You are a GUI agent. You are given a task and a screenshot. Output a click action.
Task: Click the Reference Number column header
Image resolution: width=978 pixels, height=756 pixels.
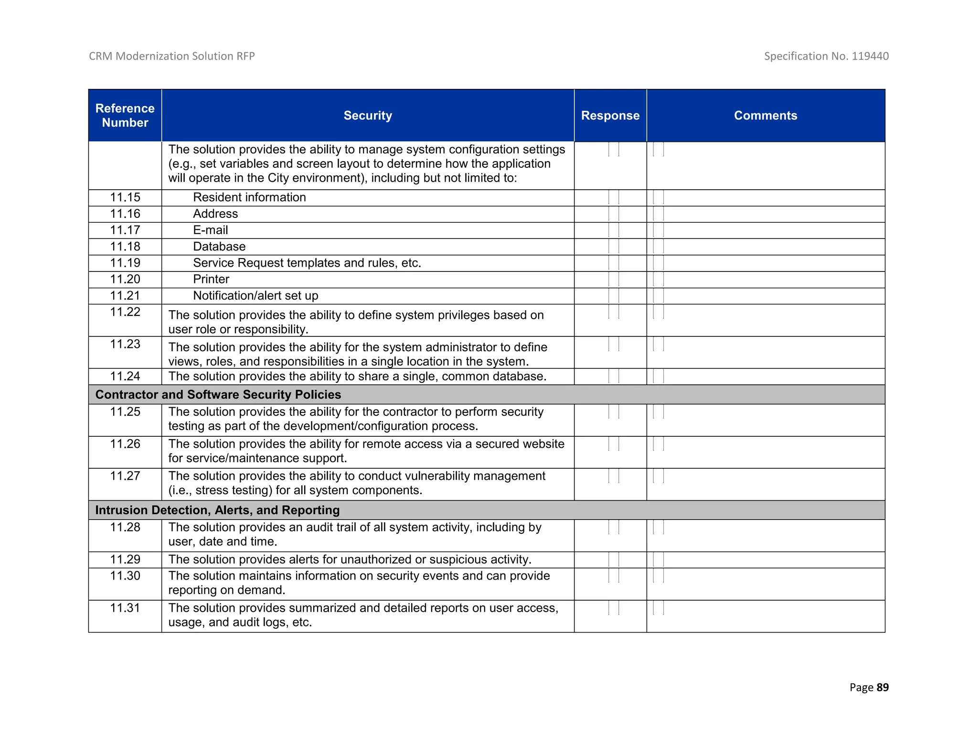pyautogui.click(x=125, y=115)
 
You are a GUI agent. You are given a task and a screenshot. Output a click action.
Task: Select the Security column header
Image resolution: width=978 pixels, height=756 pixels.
pyautogui.click(x=367, y=115)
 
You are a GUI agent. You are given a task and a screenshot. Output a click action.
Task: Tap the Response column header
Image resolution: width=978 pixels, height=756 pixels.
pyautogui.click(x=610, y=115)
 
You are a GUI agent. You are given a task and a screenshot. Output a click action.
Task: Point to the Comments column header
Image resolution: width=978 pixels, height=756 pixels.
pyautogui.click(x=765, y=115)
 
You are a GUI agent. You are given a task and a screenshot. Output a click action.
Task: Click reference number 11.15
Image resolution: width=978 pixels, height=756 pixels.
pyautogui.click(x=125, y=197)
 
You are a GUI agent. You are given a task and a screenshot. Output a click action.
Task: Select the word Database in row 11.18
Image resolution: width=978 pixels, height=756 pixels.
pyautogui.click(x=219, y=247)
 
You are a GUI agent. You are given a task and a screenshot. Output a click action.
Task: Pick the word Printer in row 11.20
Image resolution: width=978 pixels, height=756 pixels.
pyautogui.click(x=211, y=279)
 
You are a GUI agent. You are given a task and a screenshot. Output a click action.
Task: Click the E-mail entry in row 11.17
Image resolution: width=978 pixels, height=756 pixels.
pyautogui.click(x=210, y=230)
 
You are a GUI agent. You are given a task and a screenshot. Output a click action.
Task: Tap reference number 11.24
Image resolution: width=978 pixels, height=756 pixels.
pyautogui.click(x=125, y=377)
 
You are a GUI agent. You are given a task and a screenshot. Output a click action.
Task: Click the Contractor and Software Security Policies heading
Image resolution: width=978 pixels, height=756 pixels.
pyautogui.click(x=218, y=395)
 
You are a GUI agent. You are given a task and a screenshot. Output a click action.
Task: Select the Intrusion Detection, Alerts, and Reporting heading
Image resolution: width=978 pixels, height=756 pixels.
pyautogui.click(x=217, y=510)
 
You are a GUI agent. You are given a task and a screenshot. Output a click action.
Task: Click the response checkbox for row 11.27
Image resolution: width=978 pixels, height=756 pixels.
pyautogui.click(x=614, y=476)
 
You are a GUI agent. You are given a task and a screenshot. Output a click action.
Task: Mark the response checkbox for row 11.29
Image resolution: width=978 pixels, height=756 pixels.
pyautogui.click(x=614, y=560)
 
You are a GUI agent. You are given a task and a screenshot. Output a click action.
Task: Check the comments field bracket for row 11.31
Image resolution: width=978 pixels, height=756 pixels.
pyautogui.click(x=658, y=608)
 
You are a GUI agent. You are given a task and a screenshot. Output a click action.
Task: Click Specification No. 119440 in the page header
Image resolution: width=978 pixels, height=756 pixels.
pyautogui.click(x=826, y=56)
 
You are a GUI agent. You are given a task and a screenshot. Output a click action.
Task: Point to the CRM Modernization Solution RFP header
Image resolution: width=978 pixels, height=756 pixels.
pyautogui.click(x=172, y=56)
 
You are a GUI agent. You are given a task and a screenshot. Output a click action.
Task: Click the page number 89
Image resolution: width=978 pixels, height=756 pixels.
pyautogui.click(x=882, y=687)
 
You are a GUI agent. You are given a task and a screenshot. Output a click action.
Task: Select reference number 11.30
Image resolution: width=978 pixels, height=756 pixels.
pyautogui.click(x=125, y=576)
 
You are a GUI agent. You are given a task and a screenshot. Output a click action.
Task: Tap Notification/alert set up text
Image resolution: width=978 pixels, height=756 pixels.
pyautogui.click(x=255, y=296)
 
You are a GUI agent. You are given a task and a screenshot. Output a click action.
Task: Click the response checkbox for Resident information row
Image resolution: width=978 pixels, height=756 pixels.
pyautogui.click(x=614, y=197)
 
